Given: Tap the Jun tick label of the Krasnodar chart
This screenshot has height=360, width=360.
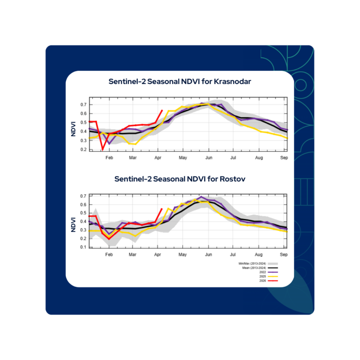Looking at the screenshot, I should [x=209, y=157].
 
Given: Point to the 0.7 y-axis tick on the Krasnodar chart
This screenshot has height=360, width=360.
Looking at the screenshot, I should [x=83, y=104].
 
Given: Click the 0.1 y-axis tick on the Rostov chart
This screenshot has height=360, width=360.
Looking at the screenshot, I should [x=83, y=247].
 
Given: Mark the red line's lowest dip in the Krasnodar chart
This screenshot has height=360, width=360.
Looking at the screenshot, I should [x=103, y=150].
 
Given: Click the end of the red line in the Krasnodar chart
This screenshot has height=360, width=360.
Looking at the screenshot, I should [x=162, y=111].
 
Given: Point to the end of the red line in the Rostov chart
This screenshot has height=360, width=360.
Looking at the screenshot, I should [x=162, y=209].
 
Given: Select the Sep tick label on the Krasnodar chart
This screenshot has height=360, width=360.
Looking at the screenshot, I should [x=284, y=157].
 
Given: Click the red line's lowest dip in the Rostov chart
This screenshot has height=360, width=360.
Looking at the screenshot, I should [x=109, y=239].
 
